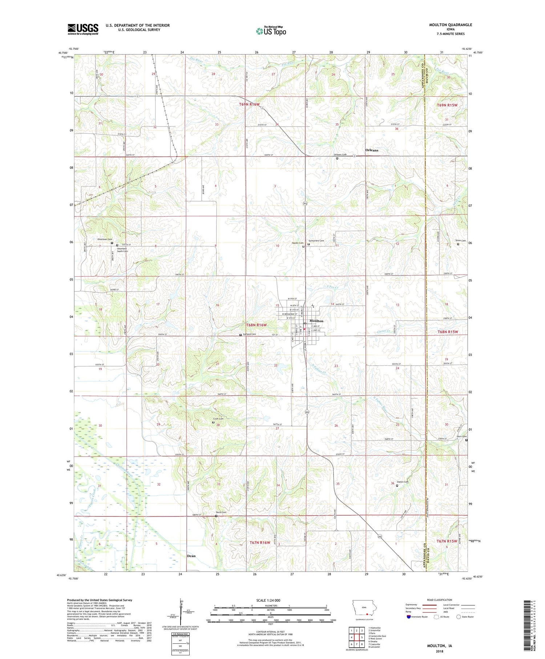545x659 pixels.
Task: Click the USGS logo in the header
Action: point(83,29)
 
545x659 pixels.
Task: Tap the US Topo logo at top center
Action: point(271,31)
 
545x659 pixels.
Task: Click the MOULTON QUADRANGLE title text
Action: point(451,25)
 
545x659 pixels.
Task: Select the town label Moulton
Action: point(316,321)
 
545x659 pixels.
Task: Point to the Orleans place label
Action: point(372,150)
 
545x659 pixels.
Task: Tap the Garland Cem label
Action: point(249,334)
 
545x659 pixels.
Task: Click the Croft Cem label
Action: point(218,419)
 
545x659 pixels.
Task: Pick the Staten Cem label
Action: point(404,482)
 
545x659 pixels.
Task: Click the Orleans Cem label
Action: point(340,154)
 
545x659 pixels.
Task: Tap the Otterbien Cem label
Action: point(104,239)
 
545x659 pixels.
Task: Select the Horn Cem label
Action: point(462,437)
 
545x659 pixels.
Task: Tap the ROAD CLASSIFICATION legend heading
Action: point(440,600)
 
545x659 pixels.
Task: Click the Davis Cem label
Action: point(221,512)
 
